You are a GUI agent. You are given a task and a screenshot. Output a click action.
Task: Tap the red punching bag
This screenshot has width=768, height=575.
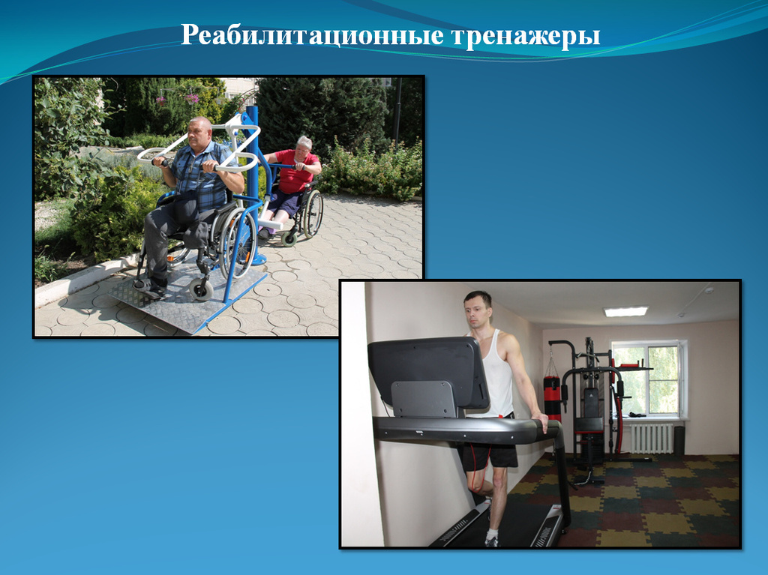point(552,397)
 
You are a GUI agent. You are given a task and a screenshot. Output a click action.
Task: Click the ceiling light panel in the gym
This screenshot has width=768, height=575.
point(626,311)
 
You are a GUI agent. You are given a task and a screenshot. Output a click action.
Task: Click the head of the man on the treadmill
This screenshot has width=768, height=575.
point(478,310)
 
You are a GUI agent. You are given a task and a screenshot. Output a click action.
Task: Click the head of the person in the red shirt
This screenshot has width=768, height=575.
point(304,145)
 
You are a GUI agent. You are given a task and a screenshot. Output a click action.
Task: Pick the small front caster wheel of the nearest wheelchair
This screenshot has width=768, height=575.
point(201,289)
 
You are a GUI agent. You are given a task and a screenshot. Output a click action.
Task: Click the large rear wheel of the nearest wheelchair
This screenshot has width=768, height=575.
point(238,243)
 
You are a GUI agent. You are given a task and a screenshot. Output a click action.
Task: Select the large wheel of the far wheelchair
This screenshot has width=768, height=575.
point(313,214)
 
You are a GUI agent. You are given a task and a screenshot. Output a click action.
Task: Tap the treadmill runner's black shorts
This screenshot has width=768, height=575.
point(490,454)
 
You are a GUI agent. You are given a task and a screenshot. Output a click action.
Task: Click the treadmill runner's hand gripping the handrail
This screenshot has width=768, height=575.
point(541,421)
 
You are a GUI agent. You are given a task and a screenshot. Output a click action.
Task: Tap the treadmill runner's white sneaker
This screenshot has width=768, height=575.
point(491,540)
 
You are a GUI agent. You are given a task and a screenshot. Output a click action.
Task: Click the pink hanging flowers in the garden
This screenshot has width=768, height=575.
point(191,98)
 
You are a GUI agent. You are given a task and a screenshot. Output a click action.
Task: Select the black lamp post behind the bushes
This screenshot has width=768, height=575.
point(397,112)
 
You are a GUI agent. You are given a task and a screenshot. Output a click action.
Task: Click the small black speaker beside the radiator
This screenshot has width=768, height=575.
point(679,441)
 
